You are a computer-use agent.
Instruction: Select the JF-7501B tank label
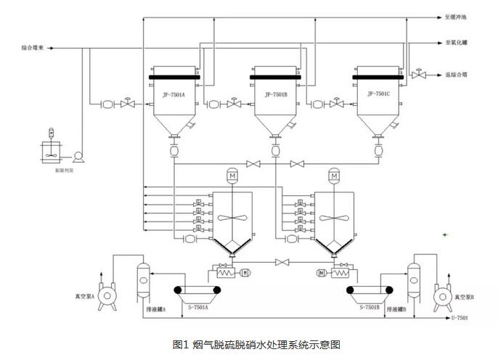coord(277,94)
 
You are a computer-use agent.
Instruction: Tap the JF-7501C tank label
coord(378,93)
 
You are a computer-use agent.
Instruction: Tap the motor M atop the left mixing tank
coord(232,175)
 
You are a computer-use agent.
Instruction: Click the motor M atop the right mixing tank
coord(334,175)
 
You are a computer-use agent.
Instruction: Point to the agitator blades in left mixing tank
coord(232,220)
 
